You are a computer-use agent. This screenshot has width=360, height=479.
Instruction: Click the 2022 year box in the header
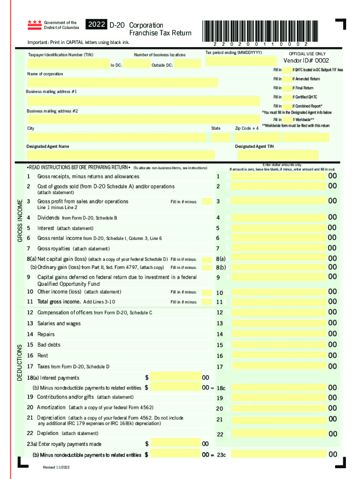96,25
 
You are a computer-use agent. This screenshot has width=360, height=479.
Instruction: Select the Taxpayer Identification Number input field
65,64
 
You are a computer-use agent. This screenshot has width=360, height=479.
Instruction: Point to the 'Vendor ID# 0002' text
306,61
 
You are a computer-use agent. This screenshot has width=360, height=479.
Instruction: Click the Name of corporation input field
122,82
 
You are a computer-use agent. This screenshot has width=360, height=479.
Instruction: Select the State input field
220,138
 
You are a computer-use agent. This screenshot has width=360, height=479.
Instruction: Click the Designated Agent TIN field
277,155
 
